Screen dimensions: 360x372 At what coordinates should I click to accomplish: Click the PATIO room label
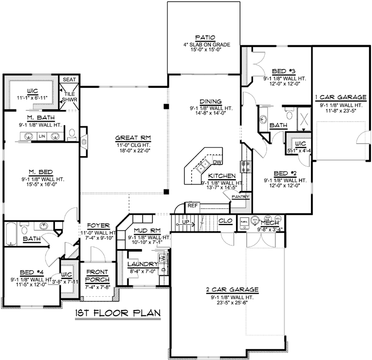(204, 37)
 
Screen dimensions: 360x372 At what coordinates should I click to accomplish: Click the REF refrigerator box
(193, 205)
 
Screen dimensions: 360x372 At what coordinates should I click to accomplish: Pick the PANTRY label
(240, 197)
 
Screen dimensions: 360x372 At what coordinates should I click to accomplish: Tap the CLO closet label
(225, 221)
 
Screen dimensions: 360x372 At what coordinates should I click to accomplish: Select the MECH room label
(269, 224)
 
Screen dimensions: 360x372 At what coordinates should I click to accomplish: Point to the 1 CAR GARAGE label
(341, 97)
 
